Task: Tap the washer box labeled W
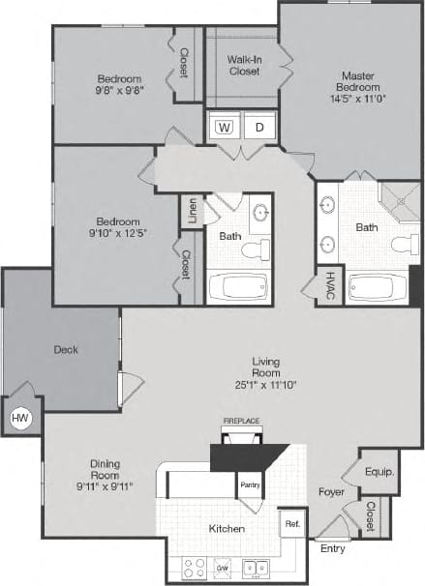224,126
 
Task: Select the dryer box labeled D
259,126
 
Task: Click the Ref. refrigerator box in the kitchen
291,523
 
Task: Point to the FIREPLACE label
242,422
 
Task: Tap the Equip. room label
379,473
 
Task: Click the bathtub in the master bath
378,287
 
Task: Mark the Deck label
66,350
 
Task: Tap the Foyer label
331,491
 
